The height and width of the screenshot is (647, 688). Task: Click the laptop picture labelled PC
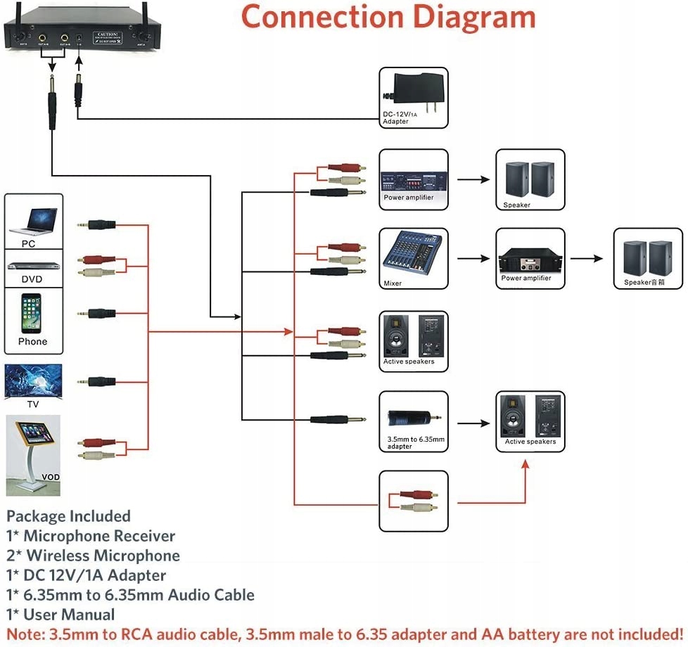coord(33,219)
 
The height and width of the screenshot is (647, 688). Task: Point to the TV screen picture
coord(33,380)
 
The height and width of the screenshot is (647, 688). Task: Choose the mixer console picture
coord(412,253)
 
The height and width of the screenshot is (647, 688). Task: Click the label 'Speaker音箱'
coord(644,282)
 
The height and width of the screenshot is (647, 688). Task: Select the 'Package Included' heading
coord(68,516)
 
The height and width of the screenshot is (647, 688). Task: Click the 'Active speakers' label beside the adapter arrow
coord(530,442)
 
